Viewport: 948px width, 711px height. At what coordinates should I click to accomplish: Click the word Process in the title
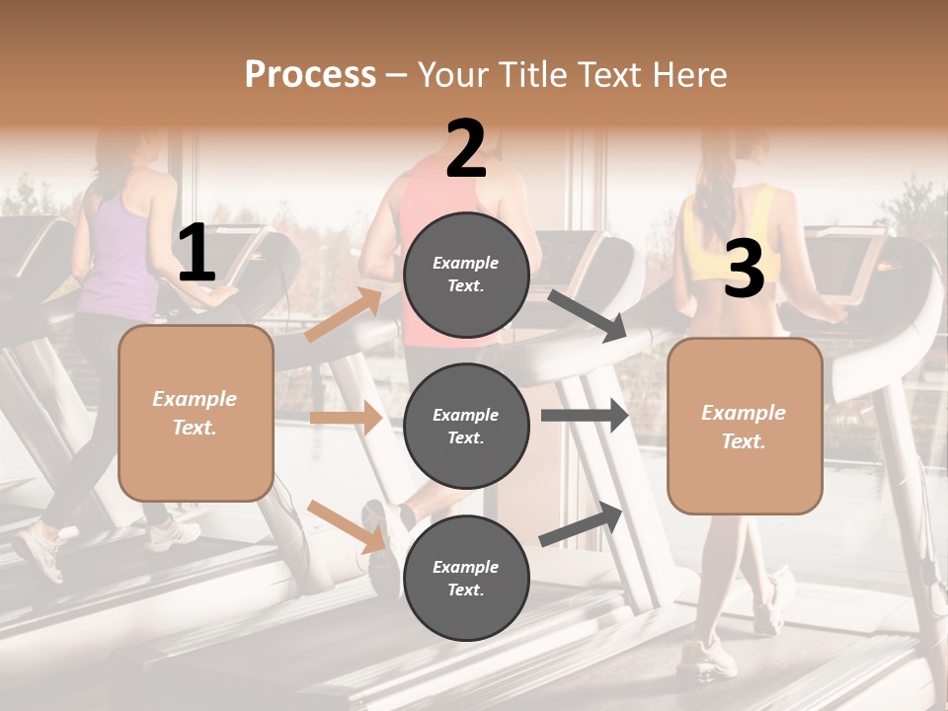pos(310,74)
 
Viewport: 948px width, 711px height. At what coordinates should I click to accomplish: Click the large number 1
pos(197,254)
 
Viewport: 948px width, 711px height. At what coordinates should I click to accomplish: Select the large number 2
pos(466,149)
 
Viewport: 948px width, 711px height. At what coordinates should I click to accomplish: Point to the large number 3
pos(744,270)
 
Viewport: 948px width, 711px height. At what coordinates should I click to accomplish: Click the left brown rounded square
pos(196,413)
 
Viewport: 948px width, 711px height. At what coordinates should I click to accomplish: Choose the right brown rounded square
pos(745,426)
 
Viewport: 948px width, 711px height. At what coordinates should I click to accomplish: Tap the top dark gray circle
pos(466,275)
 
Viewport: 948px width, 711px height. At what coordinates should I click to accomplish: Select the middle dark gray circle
pos(466,426)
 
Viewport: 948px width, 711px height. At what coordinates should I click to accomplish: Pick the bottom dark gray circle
pos(466,578)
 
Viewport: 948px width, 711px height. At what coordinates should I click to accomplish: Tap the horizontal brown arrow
pos(346,418)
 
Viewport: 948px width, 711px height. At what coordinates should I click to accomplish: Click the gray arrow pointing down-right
pos(588,315)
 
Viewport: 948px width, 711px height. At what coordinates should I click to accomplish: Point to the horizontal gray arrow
pos(585,416)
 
